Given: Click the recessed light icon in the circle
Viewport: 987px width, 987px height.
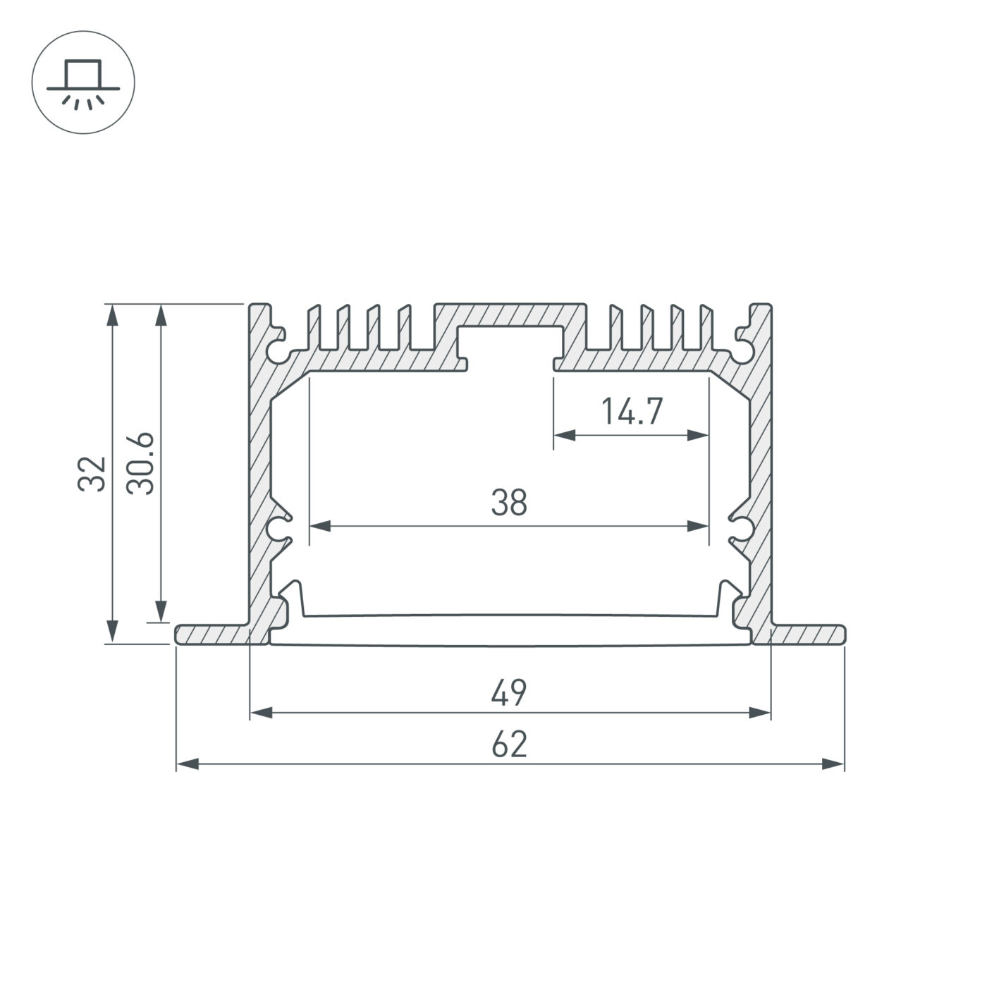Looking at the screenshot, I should coord(83,82).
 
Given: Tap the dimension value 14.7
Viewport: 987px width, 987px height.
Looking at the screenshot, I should coord(632,412).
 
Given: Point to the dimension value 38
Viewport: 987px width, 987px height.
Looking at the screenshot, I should coord(509,503).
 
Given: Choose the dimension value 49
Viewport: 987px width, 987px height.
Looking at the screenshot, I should coord(509,693).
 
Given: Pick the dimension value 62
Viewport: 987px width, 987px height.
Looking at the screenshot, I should coord(509,744).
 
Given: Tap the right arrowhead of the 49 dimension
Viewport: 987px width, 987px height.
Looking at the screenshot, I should coord(760,713).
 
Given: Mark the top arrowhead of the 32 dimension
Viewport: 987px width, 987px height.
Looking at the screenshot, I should coord(111,314).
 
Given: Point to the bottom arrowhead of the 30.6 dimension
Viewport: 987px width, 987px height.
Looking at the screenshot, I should coord(161,612).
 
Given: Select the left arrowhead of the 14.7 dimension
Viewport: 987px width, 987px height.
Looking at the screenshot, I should coord(564,436).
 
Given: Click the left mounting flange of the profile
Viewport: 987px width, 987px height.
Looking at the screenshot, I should coord(211,634).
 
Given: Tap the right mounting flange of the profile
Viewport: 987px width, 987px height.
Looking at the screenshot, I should coord(808,634).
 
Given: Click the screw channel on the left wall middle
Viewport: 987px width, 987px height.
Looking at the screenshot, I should coord(279,527).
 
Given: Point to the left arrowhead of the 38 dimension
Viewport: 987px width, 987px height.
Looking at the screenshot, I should coord(320,526).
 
